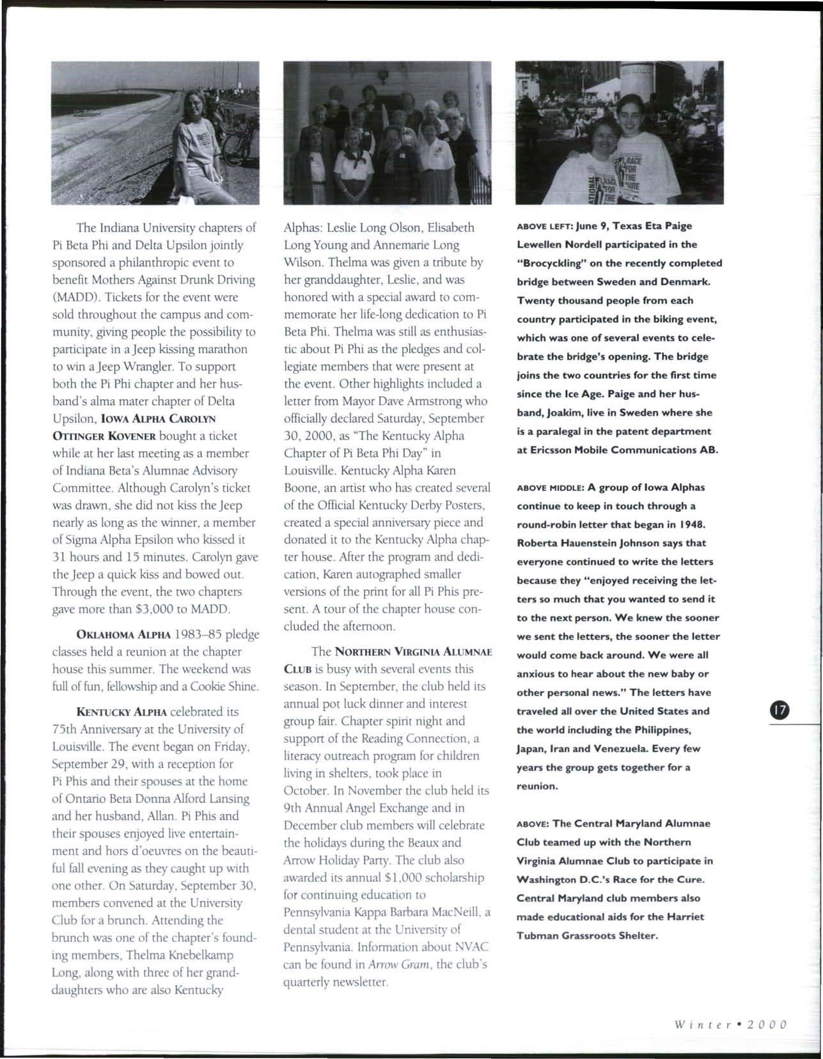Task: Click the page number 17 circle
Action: pyautogui.click(x=781, y=711)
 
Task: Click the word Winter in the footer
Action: pyautogui.click(x=701, y=1023)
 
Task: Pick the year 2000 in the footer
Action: pyautogui.click(x=766, y=1023)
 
